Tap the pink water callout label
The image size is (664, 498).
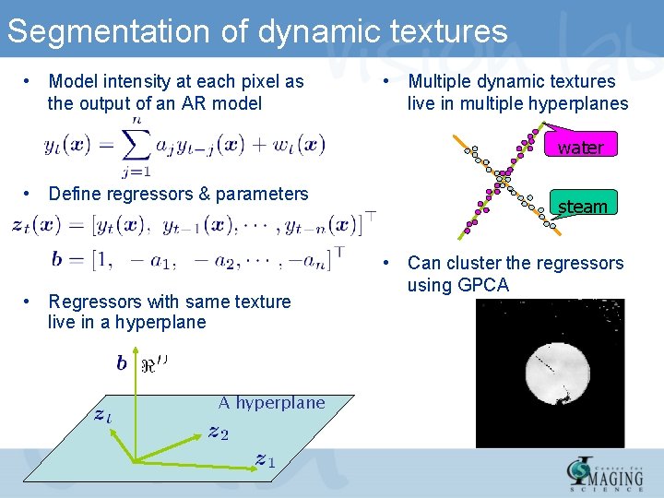click(580, 148)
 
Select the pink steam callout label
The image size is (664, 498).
click(582, 207)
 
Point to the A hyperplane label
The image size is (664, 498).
click(271, 402)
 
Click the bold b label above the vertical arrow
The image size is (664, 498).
click(122, 363)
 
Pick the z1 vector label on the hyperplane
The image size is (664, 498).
click(265, 458)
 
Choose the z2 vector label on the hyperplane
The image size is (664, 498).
click(219, 432)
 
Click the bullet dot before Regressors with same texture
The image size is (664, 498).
click(30, 302)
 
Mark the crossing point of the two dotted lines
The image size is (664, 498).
click(504, 175)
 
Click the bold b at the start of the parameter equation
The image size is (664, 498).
click(57, 259)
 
